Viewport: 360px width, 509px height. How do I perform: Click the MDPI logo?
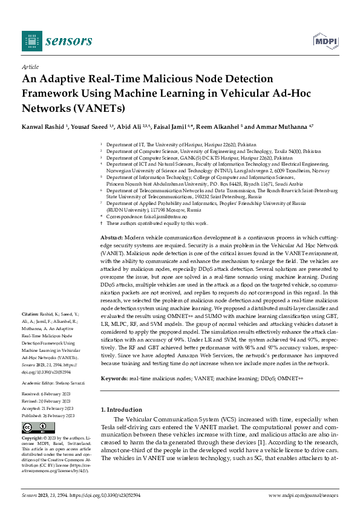[x=324, y=41]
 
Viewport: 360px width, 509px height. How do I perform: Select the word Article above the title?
[x=30, y=68]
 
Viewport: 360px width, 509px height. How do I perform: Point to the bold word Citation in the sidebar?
[x=30, y=315]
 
